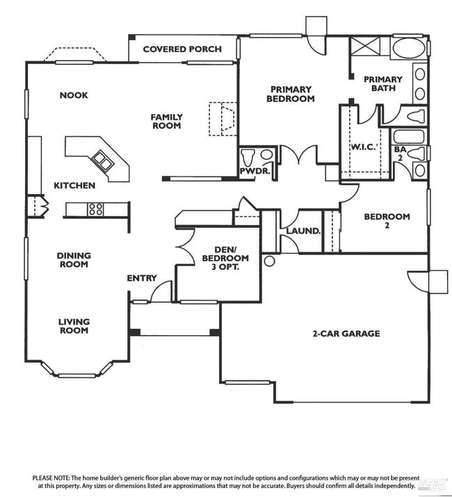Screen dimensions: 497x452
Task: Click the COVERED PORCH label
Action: [x=182, y=49]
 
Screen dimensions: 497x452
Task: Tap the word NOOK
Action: [x=74, y=95]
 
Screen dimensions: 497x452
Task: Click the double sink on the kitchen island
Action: [x=102, y=161]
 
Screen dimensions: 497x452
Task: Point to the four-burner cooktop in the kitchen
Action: [x=95, y=208]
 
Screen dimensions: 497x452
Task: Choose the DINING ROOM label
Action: [x=74, y=260]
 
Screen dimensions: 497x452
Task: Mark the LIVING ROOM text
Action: [x=74, y=326]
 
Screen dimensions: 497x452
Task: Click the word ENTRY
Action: [x=142, y=278]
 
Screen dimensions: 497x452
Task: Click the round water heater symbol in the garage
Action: [x=270, y=261]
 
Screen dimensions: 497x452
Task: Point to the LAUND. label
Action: [x=304, y=230]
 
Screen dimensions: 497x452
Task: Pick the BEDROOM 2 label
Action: [x=387, y=221]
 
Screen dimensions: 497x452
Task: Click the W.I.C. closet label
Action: [x=363, y=146]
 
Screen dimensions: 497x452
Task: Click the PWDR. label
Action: [x=255, y=170]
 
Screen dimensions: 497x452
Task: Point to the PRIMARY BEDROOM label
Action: [x=291, y=94]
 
